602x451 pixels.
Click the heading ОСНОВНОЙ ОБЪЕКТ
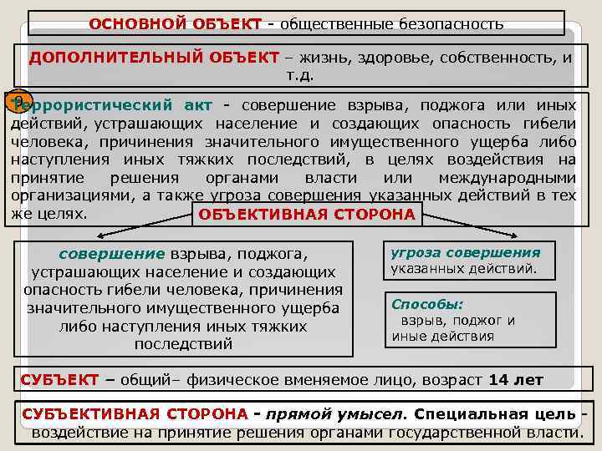175,23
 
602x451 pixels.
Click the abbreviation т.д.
299,75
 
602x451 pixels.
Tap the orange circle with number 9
18,103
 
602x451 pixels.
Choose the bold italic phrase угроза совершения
466,253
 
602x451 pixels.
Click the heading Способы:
428,305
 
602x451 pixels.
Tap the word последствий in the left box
183,343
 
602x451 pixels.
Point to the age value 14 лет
516,380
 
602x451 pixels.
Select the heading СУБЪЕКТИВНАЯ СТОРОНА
135,414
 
